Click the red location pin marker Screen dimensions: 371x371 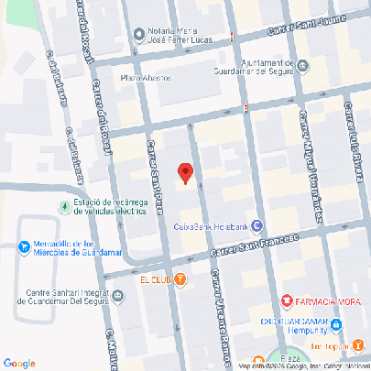tap(185, 172)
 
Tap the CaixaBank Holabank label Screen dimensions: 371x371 tap(211, 226)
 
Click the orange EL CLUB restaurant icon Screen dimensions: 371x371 tap(181, 278)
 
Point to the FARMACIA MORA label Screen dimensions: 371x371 tap(326, 300)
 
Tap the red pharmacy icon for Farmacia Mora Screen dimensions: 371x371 tap(288, 300)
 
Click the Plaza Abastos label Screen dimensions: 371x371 tap(146, 78)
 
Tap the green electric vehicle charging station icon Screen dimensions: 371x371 tap(63, 205)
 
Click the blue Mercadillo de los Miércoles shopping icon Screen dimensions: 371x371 tap(24, 246)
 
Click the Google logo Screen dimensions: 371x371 tap(19, 363)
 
